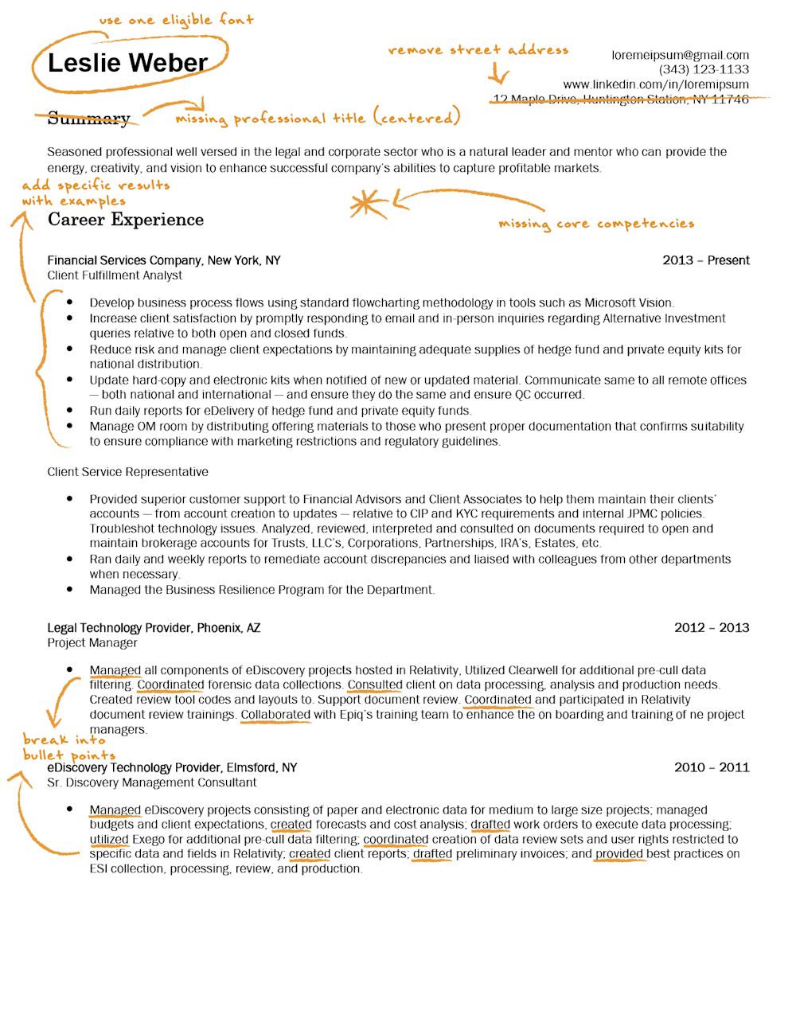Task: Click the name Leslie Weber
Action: coord(127,63)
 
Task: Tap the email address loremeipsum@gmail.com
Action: coord(680,55)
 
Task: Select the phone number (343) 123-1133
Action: coord(704,69)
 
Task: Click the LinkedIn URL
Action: coord(656,84)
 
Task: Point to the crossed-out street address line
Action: coord(621,99)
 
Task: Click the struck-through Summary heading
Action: coord(88,119)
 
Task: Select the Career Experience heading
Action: coord(126,220)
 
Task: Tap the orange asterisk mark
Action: coord(366,205)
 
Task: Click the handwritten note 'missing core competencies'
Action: coord(596,224)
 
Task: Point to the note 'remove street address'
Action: coord(478,50)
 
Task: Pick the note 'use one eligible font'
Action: coord(176,20)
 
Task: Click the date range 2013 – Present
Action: coord(706,260)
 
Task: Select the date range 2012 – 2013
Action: coord(712,627)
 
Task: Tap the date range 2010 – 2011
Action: coord(712,767)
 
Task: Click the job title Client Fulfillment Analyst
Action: coord(115,275)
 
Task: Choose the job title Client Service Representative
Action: coord(127,472)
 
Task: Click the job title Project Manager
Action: coord(92,642)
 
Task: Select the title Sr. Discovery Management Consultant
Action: coord(151,782)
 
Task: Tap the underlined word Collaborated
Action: coord(275,715)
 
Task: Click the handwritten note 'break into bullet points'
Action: coord(68,747)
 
